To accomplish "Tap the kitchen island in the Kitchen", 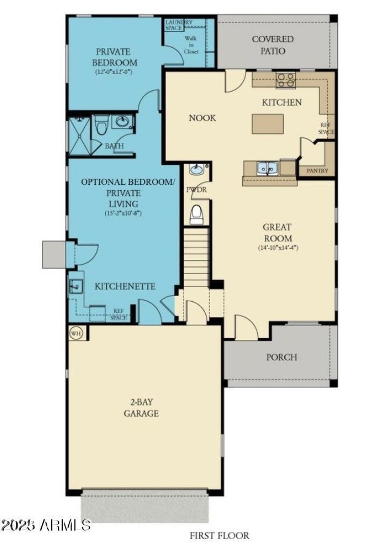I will tap(267, 123).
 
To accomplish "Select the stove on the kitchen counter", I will tap(286, 79).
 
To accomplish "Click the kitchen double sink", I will tap(268, 168).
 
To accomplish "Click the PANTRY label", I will tap(317, 171).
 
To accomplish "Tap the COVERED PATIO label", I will tap(273, 45).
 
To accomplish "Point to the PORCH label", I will tap(281, 357).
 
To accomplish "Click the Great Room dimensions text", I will tap(278, 248).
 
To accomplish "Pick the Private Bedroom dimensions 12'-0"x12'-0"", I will tap(114, 72).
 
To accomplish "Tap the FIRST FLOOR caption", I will tap(219, 535).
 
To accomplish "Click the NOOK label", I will tap(202, 118).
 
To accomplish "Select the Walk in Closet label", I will tap(191, 44).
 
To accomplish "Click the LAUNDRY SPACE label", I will tap(179, 25).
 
